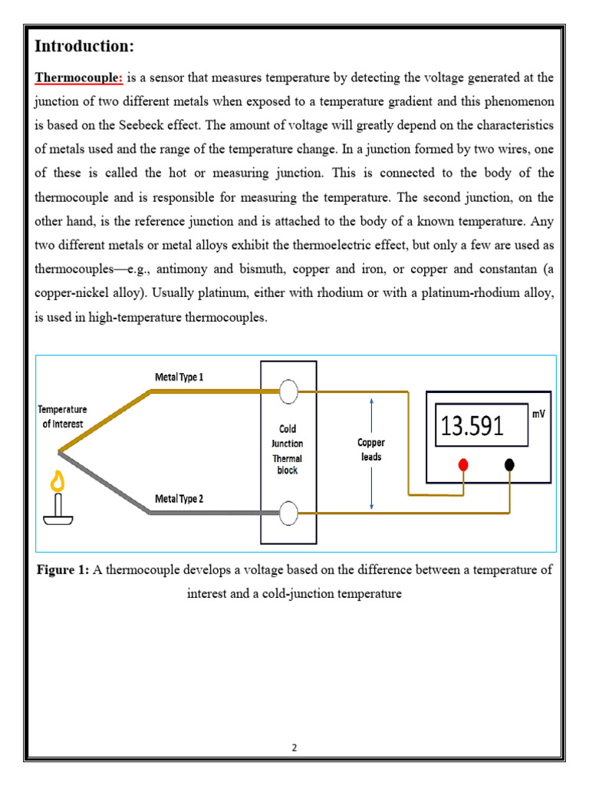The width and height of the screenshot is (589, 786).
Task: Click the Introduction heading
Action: pyautogui.click(x=84, y=47)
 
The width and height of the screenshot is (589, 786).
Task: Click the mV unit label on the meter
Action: pyautogui.click(x=539, y=413)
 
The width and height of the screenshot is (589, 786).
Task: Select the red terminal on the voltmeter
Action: pyautogui.click(x=463, y=465)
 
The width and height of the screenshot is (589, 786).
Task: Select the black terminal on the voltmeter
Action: pyautogui.click(x=509, y=465)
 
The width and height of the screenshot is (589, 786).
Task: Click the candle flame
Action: pyautogui.click(x=56, y=482)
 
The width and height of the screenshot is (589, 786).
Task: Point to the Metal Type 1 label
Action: pyautogui.click(x=179, y=377)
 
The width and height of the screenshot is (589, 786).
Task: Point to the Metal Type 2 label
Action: pyautogui.click(x=179, y=499)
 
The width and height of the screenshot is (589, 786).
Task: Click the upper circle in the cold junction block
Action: pyautogui.click(x=288, y=392)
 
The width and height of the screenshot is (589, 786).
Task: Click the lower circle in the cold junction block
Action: pyautogui.click(x=288, y=513)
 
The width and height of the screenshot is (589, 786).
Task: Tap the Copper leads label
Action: pyautogui.click(x=371, y=450)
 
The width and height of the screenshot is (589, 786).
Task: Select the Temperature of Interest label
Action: pyautogui.click(x=63, y=417)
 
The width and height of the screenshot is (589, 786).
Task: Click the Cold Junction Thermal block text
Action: pyautogui.click(x=288, y=450)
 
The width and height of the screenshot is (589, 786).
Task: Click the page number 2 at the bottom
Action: pyautogui.click(x=294, y=748)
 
